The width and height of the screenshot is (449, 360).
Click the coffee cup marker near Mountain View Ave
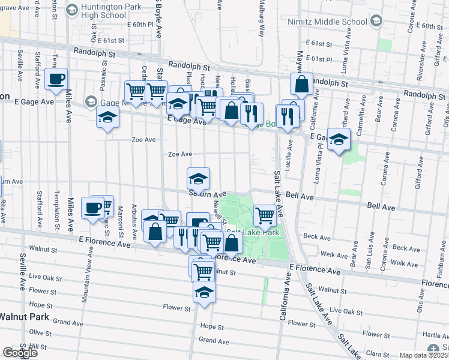click(x=93, y=208)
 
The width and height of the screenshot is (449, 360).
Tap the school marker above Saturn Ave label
click(x=198, y=179)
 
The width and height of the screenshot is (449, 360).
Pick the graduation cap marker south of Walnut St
click(x=204, y=292)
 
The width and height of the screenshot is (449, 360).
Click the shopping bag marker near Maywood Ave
click(x=302, y=85)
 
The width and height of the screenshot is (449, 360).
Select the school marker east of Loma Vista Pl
click(x=339, y=140)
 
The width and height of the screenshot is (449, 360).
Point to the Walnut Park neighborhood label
click(x=24, y=316)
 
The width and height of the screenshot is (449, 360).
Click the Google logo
click(x=19, y=352)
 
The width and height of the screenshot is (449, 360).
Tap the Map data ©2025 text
click(x=424, y=355)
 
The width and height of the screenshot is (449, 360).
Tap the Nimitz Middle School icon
click(x=376, y=22)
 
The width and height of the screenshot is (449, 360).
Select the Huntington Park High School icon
click(x=71, y=10)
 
